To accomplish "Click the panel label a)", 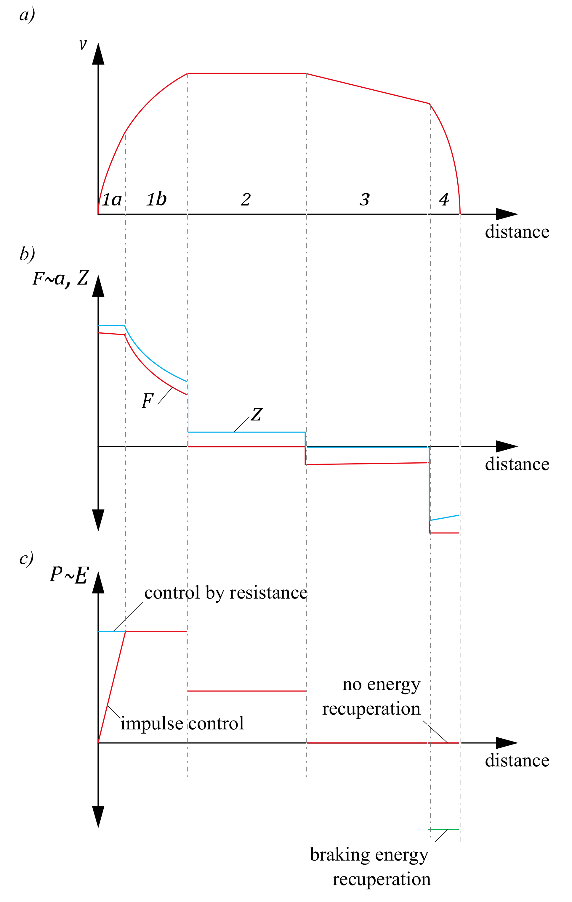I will [x=27, y=16].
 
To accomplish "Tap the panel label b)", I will [x=27, y=254].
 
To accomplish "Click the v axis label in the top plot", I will [x=83, y=45].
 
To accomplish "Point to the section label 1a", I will [x=112, y=199].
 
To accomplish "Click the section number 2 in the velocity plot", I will [x=246, y=199].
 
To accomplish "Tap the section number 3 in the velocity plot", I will [x=364, y=199].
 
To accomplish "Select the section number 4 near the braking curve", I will [x=444, y=199].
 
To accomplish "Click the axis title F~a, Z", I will [x=61, y=278].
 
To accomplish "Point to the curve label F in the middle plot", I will [x=147, y=401].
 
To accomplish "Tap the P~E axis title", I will [x=69, y=575].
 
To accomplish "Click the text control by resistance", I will [x=226, y=593].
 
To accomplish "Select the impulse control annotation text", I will [x=182, y=723].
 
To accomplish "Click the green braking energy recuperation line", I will [x=443, y=830].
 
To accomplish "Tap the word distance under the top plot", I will [x=517, y=232].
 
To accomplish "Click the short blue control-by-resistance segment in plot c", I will [x=111, y=632].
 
